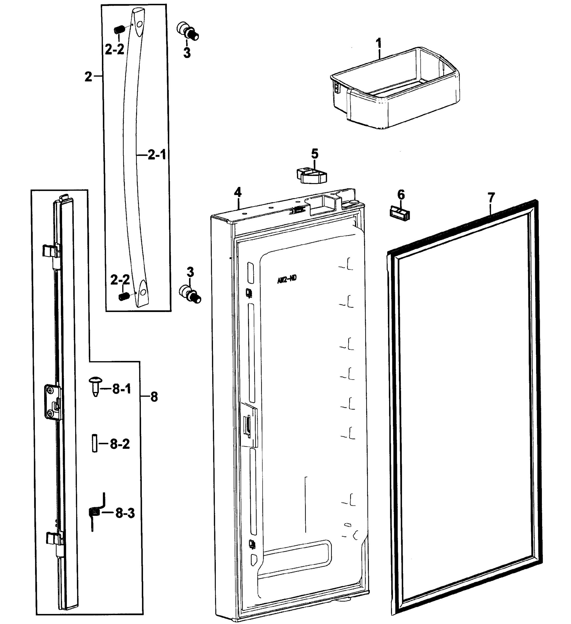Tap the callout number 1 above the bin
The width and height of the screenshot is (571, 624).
pos(379,44)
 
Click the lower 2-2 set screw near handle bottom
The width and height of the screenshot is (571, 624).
pos(124,296)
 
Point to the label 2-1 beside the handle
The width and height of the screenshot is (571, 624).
pos(157,155)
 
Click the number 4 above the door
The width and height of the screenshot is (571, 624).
pos(237,192)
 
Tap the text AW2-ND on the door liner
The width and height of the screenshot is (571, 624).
pos(287,279)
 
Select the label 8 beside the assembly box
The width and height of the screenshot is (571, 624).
pos(154,396)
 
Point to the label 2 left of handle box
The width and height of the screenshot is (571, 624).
pos(88,76)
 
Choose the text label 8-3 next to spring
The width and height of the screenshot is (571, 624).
pos(125,513)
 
